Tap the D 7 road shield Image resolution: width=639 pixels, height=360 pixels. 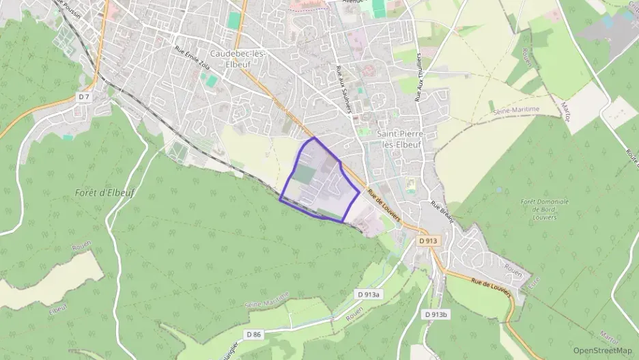tap(84, 97)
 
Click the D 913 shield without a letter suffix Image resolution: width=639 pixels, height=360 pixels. tap(427, 240)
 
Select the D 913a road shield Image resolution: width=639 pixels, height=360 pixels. tap(369, 294)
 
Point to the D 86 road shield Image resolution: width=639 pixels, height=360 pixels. tap(253, 333)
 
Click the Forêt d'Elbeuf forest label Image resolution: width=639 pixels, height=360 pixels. tap(105, 193)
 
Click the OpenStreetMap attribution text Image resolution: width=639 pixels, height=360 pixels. tap(602, 350)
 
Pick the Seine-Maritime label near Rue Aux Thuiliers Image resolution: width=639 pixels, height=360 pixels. tap(517, 109)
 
